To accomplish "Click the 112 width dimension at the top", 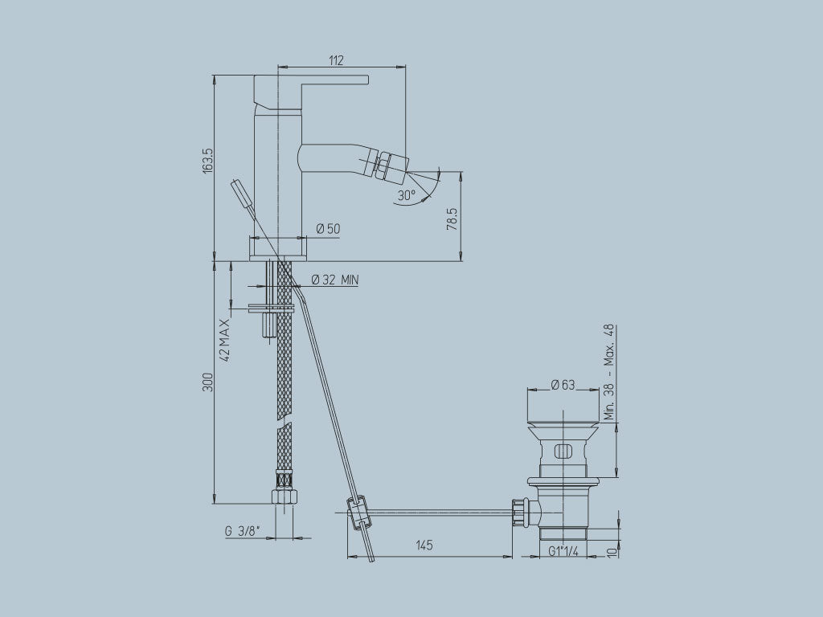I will [x=337, y=60].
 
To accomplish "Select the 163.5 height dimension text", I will [x=208, y=161].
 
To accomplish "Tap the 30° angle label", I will [x=406, y=194].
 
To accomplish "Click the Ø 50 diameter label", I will [x=328, y=229].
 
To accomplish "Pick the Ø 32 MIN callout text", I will [x=334, y=280].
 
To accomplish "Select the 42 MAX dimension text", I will [x=225, y=339].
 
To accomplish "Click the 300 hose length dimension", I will [x=207, y=382].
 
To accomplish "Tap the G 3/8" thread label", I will [x=240, y=531].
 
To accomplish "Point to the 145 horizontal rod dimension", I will [x=424, y=545].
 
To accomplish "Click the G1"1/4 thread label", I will [x=566, y=550].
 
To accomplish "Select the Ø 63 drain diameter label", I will [x=563, y=385].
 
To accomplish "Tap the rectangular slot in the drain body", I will [x=566, y=449].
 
